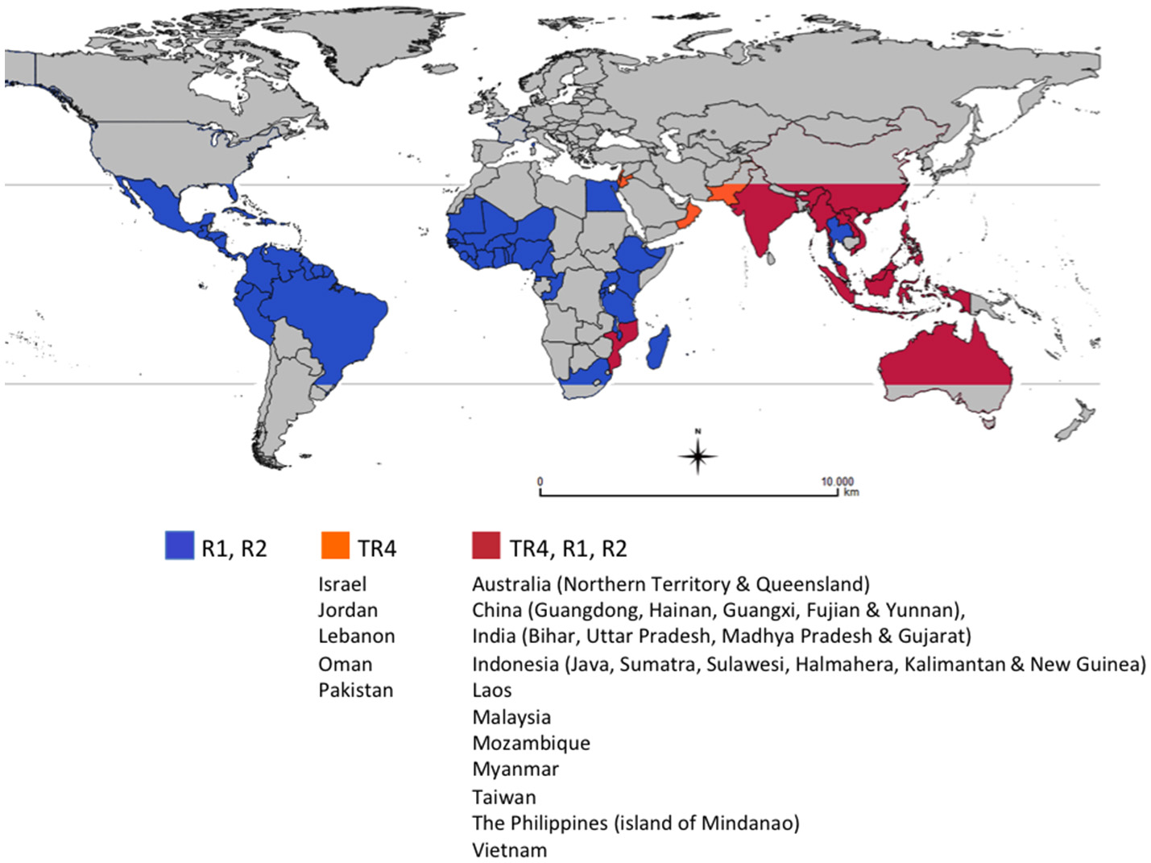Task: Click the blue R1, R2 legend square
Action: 179,545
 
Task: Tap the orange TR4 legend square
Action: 334,545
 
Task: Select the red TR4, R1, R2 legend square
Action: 486,545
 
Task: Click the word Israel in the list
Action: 342,584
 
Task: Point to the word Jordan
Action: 347,610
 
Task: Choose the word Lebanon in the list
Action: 356,636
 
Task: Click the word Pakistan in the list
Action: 355,690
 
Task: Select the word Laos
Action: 491,690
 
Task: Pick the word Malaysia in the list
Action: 511,717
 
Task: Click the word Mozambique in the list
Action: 531,743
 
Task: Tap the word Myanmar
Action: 515,769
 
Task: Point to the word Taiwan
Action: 503,797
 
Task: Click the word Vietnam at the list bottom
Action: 509,850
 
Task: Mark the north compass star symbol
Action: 698,455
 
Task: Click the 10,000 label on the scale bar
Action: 837,481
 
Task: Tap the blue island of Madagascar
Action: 659,347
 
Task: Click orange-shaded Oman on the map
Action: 687,216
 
